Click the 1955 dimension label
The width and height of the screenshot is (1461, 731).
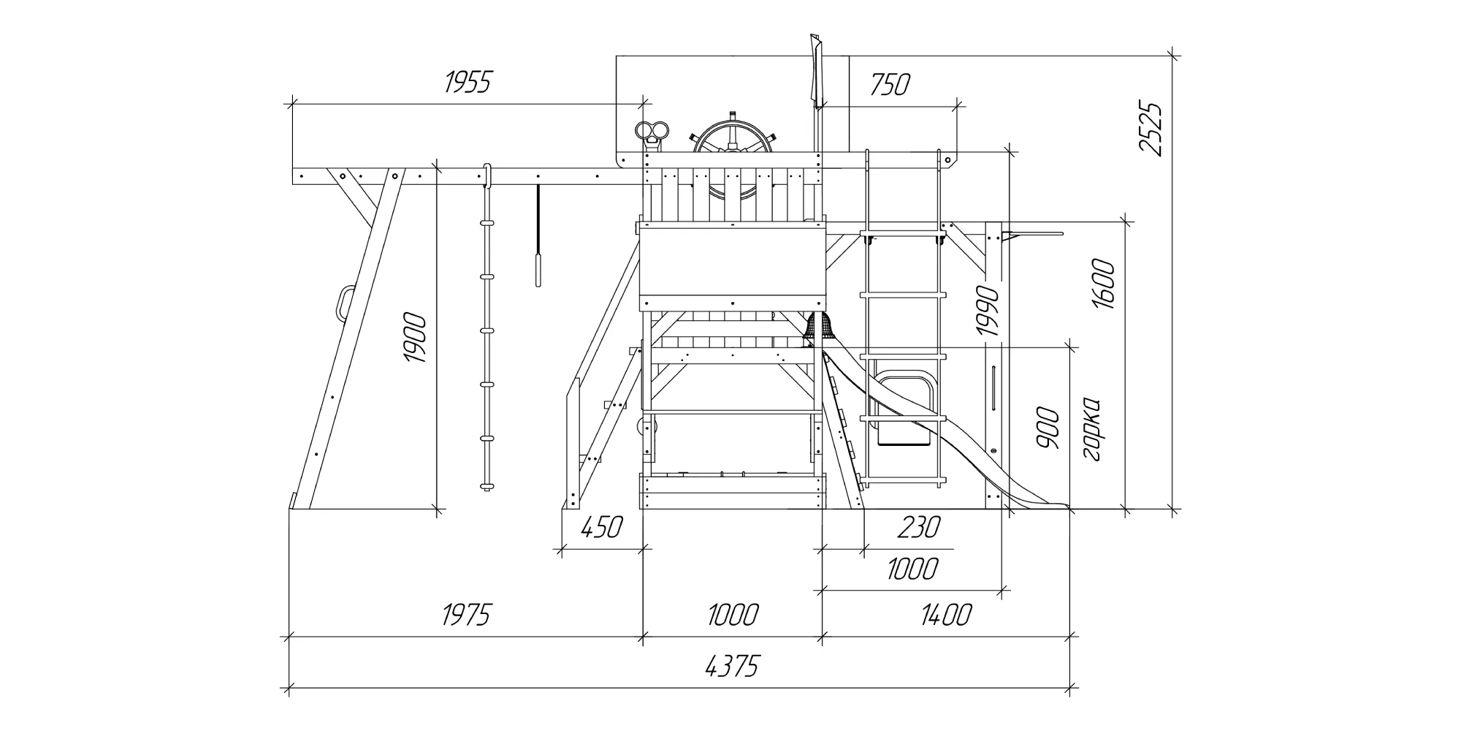pyautogui.click(x=468, y=83)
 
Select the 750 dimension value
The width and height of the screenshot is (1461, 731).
pyautogui.click(x=890, y=85)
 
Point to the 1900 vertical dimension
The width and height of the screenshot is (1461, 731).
pyautogui.click(x=414, y=338)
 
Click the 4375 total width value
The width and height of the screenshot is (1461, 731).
pyautogui.click(x=733, y=666)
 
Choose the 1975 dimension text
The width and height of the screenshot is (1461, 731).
pyautogui.click(x=465, y=615)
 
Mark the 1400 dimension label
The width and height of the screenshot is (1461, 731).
pyautogui.click(x=946, y=615)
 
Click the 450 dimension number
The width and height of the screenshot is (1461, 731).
pyautogui.click(x=601, y=526)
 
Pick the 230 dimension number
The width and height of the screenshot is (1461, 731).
pyautogui.click(x=918, y=526)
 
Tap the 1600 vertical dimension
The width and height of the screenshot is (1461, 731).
pyautogui.click(x=1104, y=284)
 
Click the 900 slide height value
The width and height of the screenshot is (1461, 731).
pyautogui.click(x=1048, y=428)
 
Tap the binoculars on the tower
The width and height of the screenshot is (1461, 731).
pyautogui.click(x=653, y=132)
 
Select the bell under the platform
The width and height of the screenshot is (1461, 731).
pyautogui.click(x=820, y=327)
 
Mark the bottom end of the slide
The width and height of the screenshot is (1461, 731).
pyautogui.click(x=1059, y=504)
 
